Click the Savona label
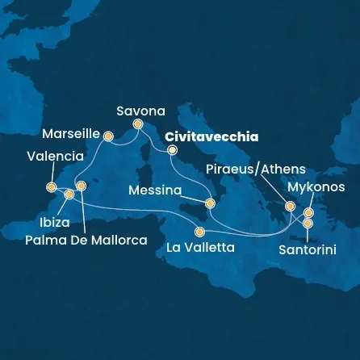[140, 111]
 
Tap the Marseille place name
[70, 133]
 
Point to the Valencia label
[55, 156]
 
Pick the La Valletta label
[200, 248]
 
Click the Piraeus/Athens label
[256, 169]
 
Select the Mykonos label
[316, 186]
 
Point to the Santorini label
[307, 250]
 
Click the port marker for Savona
[137, 123]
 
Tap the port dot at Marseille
[108, 136]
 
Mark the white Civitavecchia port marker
[171, 149]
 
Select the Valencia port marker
[52, 187]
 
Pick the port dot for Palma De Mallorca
[80, 186]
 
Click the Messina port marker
[210, 203]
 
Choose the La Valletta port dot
[199, 232]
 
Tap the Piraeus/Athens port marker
[289, 206]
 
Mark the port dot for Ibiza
[69, 195]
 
